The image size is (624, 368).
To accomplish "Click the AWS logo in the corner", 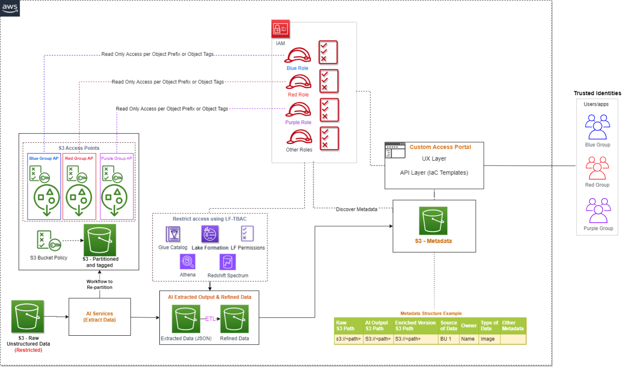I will click(10, 8).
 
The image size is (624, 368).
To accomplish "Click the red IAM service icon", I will click(280, 29).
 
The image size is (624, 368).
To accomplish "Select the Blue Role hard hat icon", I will click(298, 55).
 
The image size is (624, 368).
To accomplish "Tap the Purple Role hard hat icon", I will click(298, 110).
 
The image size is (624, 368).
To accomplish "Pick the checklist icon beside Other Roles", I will click(329, 139).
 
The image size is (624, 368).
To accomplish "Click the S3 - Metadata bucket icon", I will click(433, 221).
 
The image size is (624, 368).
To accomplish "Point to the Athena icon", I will click(188, 262).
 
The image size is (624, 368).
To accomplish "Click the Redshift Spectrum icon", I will click(228, 262).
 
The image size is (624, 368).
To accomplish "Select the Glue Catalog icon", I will click(173, 234).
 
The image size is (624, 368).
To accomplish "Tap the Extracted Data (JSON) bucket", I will click(186, 319).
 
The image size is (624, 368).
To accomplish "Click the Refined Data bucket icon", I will click(234, 319).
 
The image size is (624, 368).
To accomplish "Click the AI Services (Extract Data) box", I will click(99, 317).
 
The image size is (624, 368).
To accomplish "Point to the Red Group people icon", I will click(597, 169).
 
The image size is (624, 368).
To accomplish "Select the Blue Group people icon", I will click(597, 127).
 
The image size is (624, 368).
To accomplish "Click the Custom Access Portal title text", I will click(440, 147).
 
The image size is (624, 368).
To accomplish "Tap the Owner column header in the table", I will click(469, 326).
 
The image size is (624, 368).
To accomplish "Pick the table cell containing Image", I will click(488, 339).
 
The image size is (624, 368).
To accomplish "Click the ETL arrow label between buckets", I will click(210, 319).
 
